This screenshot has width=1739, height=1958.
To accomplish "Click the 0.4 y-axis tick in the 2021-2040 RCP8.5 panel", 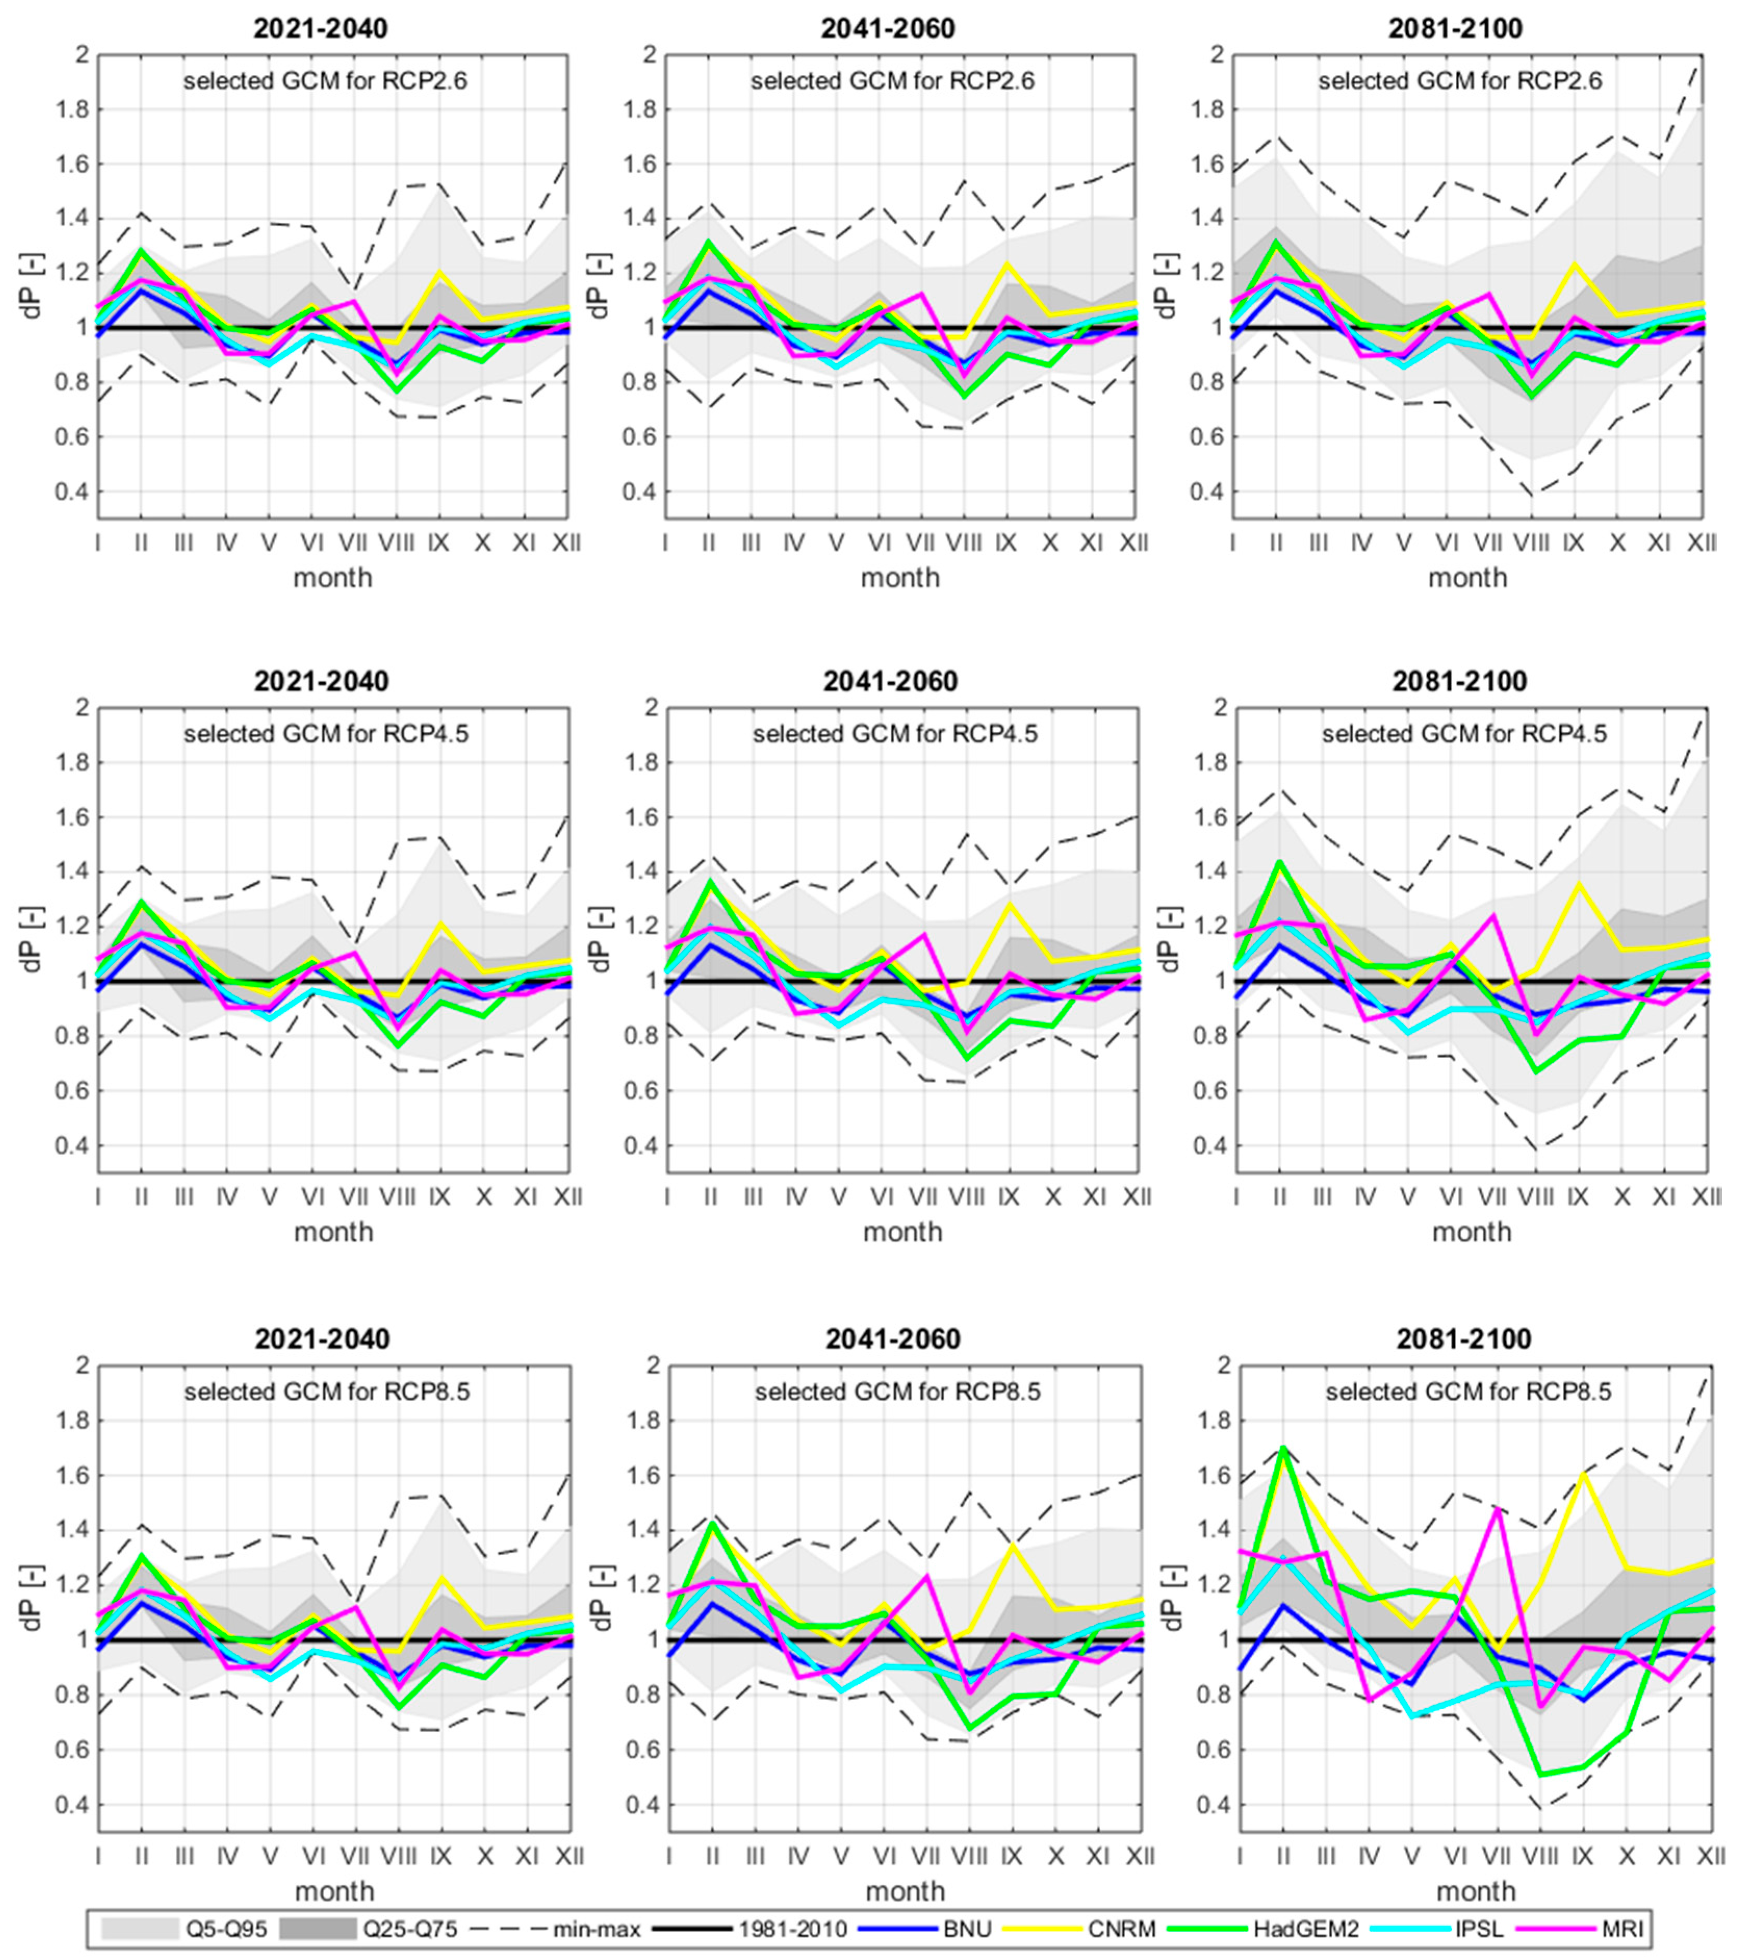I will click(x=69, y=1805).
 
